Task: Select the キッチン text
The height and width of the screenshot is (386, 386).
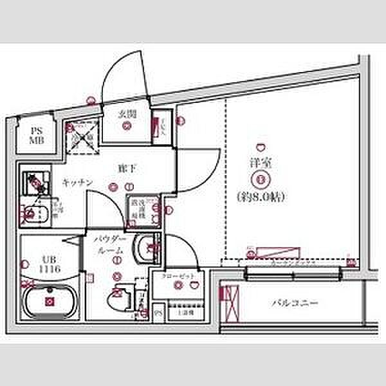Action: pos(78,182)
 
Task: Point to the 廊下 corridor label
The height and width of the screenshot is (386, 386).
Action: pos(125,169)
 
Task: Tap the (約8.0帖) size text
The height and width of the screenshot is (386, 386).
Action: pos(261,194)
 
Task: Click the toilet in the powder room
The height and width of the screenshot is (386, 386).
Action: pos(117,300)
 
